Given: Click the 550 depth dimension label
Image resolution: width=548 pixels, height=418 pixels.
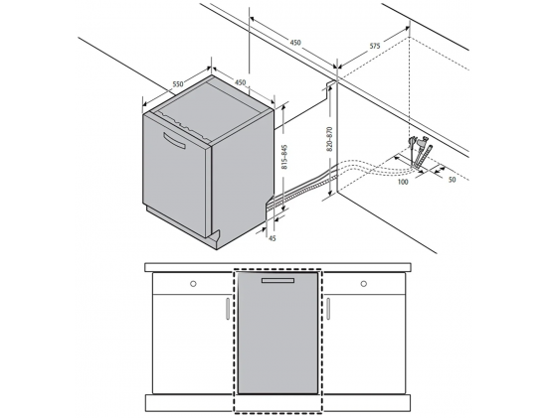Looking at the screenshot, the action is [178, 84].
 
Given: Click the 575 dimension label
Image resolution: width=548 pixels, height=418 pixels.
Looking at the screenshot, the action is [375, 46].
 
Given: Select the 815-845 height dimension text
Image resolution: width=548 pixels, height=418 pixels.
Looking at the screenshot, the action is [284, 157].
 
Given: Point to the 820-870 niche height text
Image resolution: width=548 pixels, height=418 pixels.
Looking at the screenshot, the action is [329, 139].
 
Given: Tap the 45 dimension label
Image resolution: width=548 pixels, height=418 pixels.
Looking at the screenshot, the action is [273, 238].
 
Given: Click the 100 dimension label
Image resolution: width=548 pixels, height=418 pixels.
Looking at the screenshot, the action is [403, 182].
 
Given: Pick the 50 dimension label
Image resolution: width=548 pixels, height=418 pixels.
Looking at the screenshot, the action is [452, 180].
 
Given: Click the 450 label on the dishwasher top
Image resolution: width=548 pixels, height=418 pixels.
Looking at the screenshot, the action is [240, 82].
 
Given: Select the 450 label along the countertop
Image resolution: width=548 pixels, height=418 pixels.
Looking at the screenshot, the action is [295, 43].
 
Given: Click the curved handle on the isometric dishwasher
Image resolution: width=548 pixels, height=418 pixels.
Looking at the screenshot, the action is [175, 140].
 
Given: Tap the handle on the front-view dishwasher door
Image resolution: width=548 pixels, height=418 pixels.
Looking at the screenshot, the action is [277, 281].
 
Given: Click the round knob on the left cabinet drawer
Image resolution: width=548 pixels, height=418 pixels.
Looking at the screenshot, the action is [193, 284].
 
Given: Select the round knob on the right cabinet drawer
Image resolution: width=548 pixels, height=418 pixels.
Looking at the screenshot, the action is [363, 284].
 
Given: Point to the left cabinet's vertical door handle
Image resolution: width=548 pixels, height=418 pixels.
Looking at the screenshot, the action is [228, 309].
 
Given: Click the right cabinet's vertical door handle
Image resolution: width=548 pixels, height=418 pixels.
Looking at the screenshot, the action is [328, 309].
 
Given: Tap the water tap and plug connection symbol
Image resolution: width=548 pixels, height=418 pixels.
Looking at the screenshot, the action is [420, 152].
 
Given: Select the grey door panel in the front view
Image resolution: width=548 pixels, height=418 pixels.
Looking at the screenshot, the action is [277, 333].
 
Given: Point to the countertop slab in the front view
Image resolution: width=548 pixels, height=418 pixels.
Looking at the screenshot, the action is [277, 268].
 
